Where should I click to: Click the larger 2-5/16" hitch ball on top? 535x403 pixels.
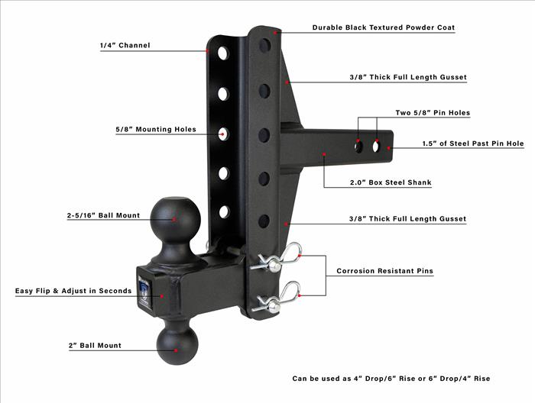[176, 219]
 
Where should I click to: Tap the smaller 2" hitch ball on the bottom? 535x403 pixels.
[177, 343]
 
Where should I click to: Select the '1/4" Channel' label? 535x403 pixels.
[125, 45]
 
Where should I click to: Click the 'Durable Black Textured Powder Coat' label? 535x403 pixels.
[384, 27]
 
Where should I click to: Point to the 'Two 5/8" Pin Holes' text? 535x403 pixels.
[433, 113]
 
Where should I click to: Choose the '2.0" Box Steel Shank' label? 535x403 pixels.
[391, 182]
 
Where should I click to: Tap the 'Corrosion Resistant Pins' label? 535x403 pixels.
[385, 271]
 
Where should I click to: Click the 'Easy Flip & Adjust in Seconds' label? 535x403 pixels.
[73, 291]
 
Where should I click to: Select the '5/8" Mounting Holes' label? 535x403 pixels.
[156, 130]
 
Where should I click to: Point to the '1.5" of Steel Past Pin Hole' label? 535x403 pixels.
[473, 143]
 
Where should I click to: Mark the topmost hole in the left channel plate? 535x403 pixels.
[223, 53]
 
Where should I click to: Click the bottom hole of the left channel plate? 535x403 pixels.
[224, 212]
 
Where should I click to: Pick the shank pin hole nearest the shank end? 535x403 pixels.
[376, 146]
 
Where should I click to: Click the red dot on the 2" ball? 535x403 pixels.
[176, 350]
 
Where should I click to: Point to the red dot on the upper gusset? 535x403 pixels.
[287, 82]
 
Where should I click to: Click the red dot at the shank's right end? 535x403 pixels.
[388, 148]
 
